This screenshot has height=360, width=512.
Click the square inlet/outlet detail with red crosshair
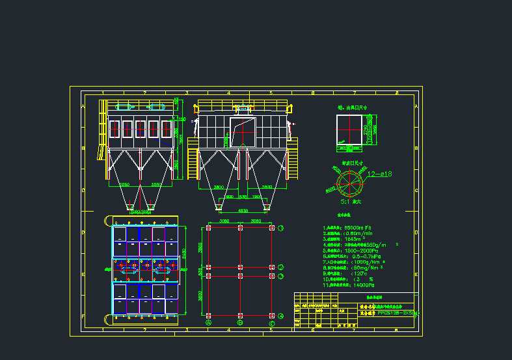click(350, 129)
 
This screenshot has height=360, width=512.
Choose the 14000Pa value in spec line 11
click(365, 285)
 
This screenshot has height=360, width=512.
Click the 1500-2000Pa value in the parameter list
click(364, 250)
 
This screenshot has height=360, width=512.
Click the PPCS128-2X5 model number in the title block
click(397, 312)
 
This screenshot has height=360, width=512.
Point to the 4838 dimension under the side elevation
click(243, 211)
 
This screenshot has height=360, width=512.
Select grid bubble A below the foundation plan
click(208, 322)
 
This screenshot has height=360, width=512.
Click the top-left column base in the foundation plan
click(208, 228)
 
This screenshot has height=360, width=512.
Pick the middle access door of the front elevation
click(140, 129)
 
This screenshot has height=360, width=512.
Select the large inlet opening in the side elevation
click(241, 132)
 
